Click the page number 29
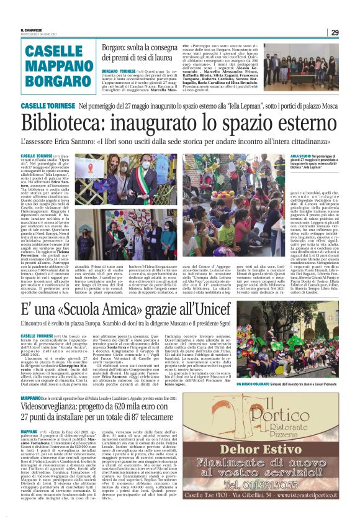click(335, 33)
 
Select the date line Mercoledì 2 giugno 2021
click(38, 35)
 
